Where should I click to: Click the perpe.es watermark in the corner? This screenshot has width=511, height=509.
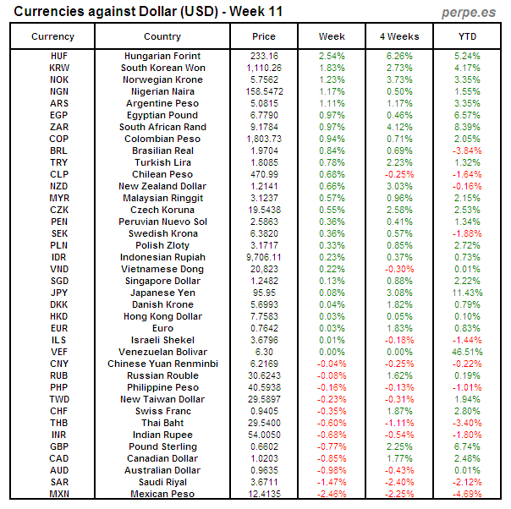point(469,13)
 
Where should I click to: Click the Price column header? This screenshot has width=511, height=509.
point(264,36)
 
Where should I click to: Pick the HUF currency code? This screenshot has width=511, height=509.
point(59,56)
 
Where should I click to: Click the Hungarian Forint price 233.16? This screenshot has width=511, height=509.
point(264,56)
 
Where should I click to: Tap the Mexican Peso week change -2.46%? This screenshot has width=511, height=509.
point(332,494)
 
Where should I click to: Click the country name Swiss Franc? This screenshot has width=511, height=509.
point(162,411)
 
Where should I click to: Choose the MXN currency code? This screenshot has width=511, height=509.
point(59,494)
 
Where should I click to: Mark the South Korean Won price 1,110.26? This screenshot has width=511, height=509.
point(264,68)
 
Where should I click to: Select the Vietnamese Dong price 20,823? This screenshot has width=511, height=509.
point(264,269)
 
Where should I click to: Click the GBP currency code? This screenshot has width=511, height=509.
point(59,446)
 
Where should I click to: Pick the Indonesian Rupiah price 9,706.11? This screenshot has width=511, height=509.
point(264,257)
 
